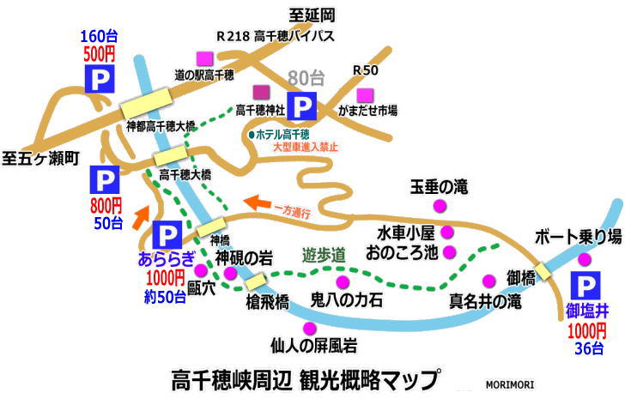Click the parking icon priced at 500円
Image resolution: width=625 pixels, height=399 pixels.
click(x=100, y=79)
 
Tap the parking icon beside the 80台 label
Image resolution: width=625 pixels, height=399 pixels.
click(x=302, y=106)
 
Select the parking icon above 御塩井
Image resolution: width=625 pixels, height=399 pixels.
click(x=586, y=286)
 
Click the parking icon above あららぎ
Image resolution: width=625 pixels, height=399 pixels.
click(x=167, y=235)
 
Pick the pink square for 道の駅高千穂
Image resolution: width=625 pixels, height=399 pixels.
click(x=205, y=59)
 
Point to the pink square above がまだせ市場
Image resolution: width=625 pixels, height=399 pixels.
click(x=365, y=96)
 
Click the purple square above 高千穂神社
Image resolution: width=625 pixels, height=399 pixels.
click(x=262, y=93)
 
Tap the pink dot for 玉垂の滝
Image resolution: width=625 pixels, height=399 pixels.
click(x=440, y=206)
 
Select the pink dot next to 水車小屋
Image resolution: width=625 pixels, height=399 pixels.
click(x=447, y=232)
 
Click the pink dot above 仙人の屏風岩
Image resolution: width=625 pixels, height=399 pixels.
click(x=310, y=329)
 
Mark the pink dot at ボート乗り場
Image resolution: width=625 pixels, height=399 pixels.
click(x=585, y=260)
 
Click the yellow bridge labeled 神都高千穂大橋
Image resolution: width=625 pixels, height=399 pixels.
click(x=147, y=103)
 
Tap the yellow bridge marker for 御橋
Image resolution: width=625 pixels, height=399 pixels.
click(x=543, y=271)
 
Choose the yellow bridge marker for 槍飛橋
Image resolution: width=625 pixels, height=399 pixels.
click(x=255, y=281)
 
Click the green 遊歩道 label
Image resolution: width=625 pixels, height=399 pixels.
click(x=324, y=255)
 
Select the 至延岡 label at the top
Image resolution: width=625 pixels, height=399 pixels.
click(x=312, y=16)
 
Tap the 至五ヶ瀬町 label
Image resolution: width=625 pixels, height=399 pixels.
click(x=40, y=159)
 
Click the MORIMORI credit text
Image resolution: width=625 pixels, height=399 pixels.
click(x=510, y=384)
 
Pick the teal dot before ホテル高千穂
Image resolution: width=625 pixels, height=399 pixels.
click(x=252, y=135)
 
